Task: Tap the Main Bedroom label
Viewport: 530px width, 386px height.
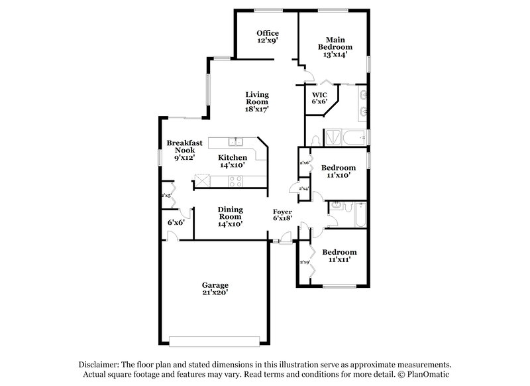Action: click(335, 48)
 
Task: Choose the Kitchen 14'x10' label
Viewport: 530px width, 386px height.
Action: click(232, 161)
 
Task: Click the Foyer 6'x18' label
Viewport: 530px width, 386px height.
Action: click(283, 216)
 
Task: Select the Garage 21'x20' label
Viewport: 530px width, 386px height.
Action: click(216, 289)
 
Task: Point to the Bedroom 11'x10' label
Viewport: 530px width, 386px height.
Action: click(339, 172)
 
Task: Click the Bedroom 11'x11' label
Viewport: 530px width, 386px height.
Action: click(339, 256)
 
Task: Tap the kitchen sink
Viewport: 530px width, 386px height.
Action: click(237, 141)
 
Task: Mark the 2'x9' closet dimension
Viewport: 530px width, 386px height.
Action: click(305, 263)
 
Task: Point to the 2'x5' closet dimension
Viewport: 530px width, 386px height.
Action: click(166, 196)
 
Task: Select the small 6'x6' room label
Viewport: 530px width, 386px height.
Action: click(176, 222)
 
